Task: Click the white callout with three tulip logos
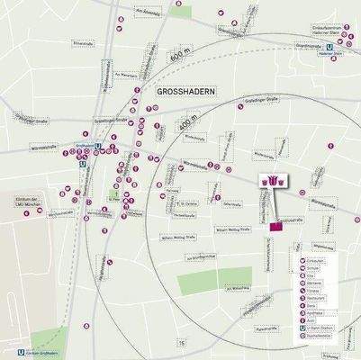coord(274,181)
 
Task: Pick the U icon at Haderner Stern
coord(331,51)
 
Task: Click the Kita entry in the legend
coord(311,276)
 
